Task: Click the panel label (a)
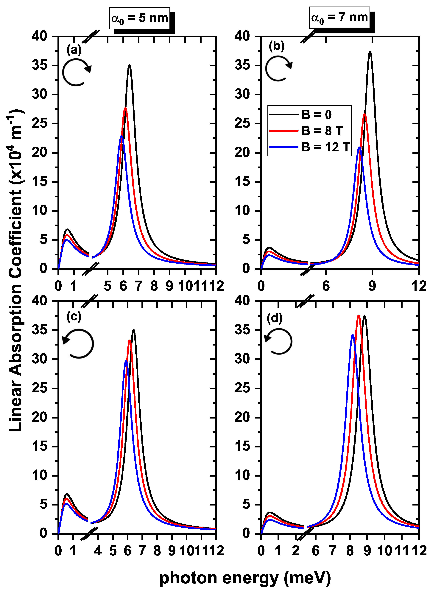coord(74,49)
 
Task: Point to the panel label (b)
coord(277,46)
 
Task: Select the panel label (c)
coord(74,317)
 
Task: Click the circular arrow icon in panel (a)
coord(76,72)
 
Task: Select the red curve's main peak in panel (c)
coord(130,341)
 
